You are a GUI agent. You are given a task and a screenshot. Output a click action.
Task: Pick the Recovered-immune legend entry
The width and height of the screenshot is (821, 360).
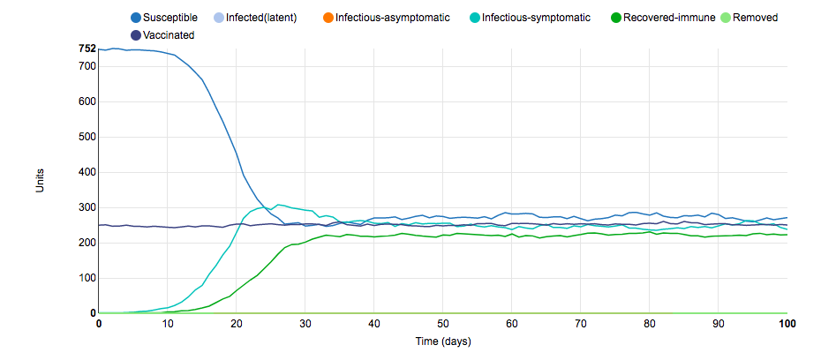[662, 18]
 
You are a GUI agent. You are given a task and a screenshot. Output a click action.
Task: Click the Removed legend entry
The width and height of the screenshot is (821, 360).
[755, 18]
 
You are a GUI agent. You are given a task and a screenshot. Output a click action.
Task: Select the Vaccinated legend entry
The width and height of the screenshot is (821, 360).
[169, 35]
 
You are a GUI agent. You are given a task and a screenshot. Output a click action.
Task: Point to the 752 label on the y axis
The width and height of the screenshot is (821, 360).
[87, 49]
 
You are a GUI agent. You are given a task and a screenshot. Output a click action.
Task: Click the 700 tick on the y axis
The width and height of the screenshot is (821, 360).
[87, 67]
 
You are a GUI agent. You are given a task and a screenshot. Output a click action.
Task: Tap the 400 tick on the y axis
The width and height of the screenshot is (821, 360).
[87, 172]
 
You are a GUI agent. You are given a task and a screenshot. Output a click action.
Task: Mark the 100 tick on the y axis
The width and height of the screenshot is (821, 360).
[87, 278]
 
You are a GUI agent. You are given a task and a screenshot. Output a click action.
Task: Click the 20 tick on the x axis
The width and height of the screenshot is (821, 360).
[237, 324]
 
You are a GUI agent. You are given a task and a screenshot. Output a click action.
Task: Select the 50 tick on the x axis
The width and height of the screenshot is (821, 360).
[443, 324]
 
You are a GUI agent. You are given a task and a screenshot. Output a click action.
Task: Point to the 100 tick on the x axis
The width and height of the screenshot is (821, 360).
[786, 324]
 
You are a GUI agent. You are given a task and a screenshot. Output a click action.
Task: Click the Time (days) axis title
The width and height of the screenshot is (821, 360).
[442, 341]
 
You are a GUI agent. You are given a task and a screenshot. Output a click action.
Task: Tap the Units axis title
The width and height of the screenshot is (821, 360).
[40, 182]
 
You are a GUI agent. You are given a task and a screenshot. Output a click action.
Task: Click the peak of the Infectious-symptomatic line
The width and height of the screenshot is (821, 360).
[279, 205]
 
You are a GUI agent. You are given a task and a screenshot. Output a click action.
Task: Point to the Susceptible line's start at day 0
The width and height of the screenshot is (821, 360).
[100, 49]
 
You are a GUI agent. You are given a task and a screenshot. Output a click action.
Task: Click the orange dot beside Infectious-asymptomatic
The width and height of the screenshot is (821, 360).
[327, 18]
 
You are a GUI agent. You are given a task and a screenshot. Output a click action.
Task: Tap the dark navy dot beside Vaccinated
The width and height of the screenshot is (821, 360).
[135, 35]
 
